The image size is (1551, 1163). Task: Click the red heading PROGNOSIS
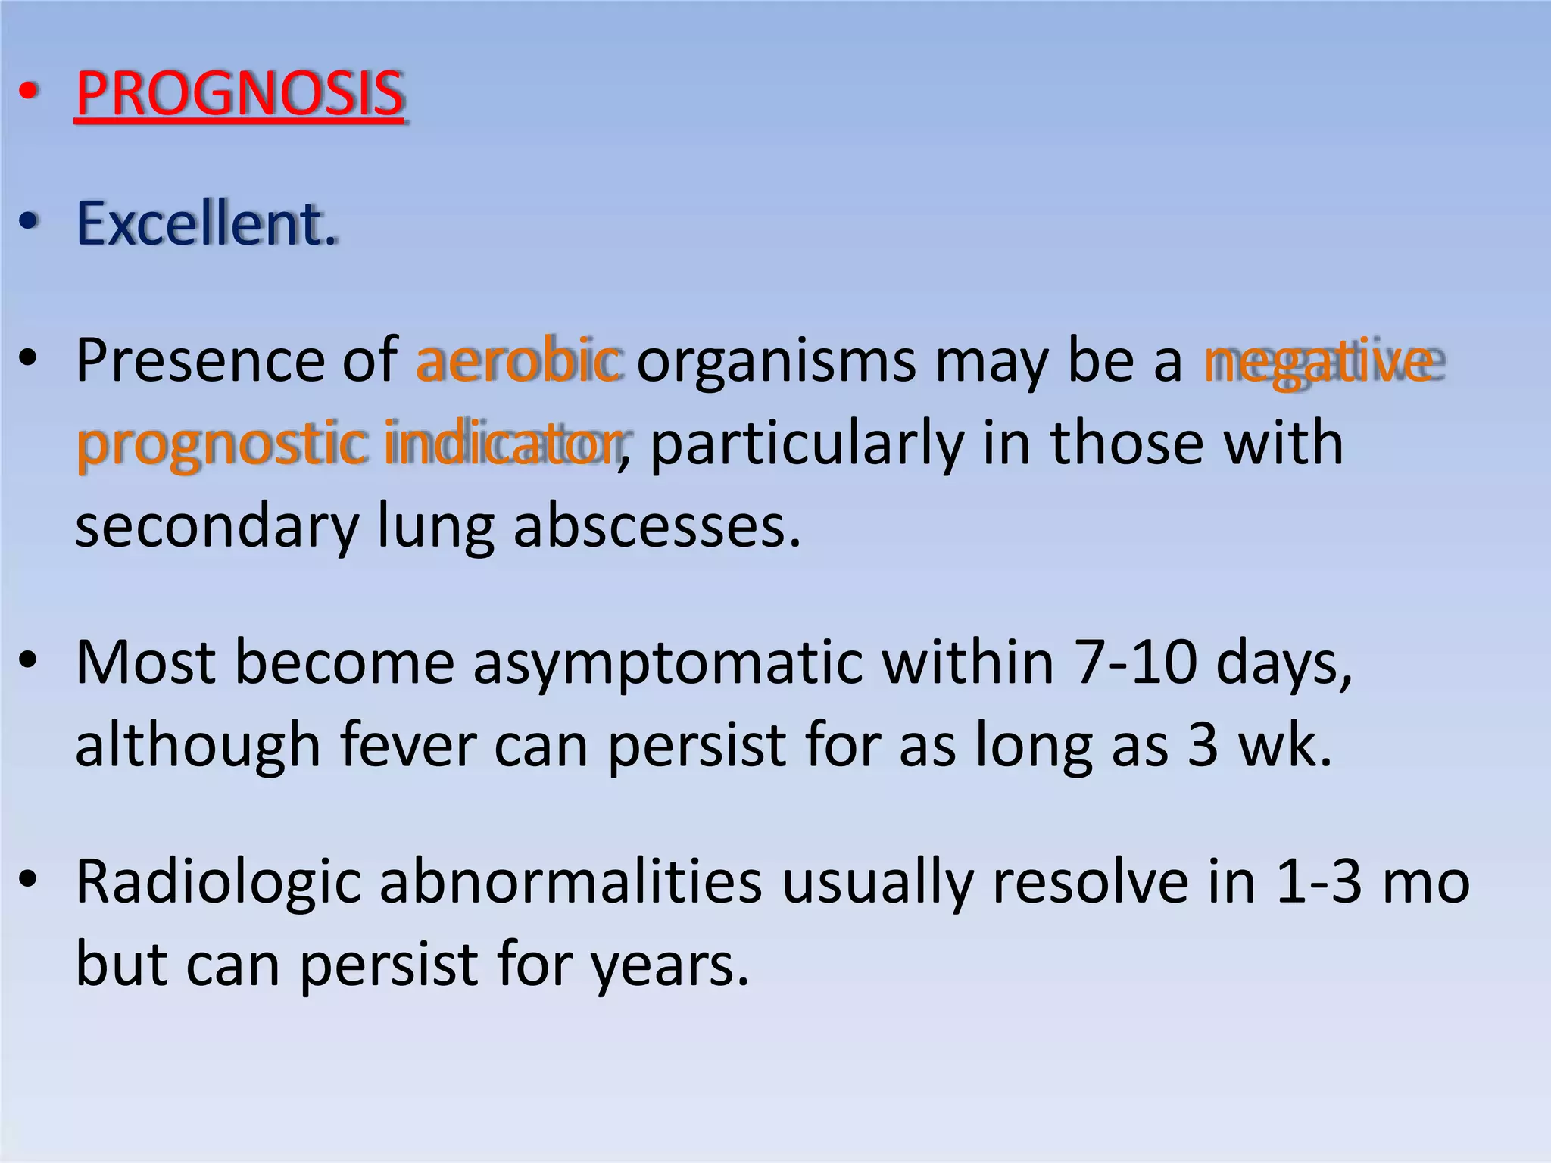click(240, 94)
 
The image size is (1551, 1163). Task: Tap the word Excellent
click(206, 224)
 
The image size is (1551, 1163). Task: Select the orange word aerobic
click(520, 360)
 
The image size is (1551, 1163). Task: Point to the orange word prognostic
click(221, 444)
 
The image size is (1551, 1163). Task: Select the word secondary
click(217, 528)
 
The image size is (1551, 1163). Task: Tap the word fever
click(408, 746)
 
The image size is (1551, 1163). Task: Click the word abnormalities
click(570, 882)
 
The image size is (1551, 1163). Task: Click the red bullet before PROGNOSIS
click(28, 93)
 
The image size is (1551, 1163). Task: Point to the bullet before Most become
click(28, 661)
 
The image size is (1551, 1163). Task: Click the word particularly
click(807, 444)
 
